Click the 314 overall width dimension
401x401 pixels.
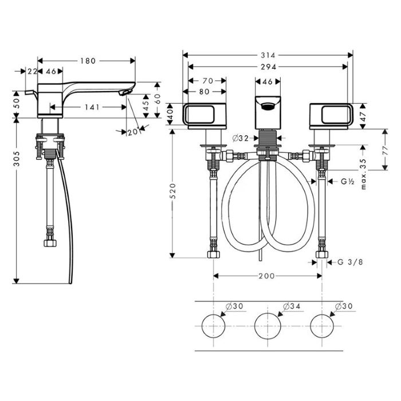coord(268,55)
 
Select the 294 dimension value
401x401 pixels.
coord(268,67)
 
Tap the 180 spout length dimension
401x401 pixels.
coord(88,61)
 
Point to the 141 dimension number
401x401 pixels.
coord(92,107)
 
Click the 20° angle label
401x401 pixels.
coord(133,132)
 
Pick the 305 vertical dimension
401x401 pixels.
coord(17,159)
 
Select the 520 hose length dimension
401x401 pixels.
coord(172,191)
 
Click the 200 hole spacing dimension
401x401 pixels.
coord(266,276)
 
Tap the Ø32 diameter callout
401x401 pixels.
coord(241,139)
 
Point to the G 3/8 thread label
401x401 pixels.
coord(350,262)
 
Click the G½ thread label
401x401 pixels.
coord(348,182)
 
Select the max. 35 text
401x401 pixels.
coord(363,174)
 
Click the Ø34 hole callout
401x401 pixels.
coord(292,306)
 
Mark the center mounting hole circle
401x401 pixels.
coord(268,326)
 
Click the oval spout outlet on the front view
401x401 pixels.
coord(268,106)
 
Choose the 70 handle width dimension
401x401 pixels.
coord(207,81)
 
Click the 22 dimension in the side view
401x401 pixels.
coord(33,72)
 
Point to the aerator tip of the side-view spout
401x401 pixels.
coord(125,92)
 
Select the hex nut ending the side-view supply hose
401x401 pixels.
coord(50,243)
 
